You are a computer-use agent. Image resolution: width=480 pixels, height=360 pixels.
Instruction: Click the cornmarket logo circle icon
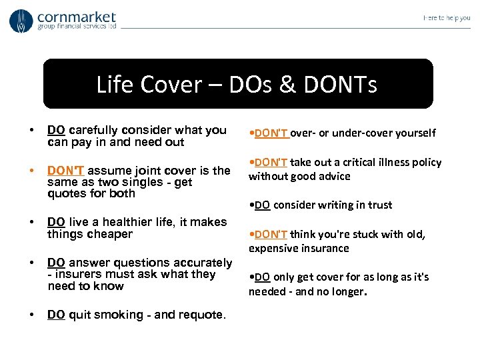[21, 21]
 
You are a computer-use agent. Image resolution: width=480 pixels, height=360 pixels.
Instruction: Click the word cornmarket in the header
[77, 16]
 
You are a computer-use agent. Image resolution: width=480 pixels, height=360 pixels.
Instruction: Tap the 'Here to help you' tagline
[447, 18]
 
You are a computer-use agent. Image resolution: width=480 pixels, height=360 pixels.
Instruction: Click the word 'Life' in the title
[111, 85]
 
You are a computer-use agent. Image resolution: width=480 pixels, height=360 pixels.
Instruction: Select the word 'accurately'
[204, 263]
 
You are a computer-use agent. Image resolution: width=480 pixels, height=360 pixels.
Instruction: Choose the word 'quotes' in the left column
[65, 194]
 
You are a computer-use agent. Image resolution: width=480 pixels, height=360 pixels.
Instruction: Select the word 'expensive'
[274, 248]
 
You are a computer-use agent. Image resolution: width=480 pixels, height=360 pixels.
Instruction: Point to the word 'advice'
[333, 176]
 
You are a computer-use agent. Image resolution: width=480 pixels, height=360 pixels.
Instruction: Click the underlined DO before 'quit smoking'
[56, 315]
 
